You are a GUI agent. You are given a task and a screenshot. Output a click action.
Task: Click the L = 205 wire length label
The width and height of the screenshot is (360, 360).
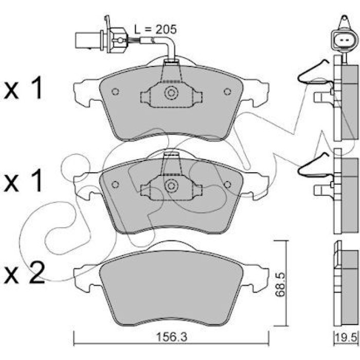[155, 30]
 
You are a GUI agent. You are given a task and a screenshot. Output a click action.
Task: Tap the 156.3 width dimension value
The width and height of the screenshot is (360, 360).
[171, 337]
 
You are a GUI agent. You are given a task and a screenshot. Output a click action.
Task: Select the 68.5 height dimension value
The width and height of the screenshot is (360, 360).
[280, 284]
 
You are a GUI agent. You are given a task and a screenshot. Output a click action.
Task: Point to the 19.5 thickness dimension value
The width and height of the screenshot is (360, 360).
[346, 337]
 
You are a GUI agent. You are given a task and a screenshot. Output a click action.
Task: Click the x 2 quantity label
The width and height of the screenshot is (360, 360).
[24, 273]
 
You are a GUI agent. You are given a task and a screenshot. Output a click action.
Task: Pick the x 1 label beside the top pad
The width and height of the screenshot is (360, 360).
[23, 87]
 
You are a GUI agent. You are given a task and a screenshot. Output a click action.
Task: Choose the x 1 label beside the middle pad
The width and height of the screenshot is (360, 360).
[23, 181]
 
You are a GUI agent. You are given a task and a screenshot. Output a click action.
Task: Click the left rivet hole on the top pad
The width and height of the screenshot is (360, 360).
[115, 92]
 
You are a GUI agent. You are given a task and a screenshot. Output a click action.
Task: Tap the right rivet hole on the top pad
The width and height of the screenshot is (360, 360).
[227, 92]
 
